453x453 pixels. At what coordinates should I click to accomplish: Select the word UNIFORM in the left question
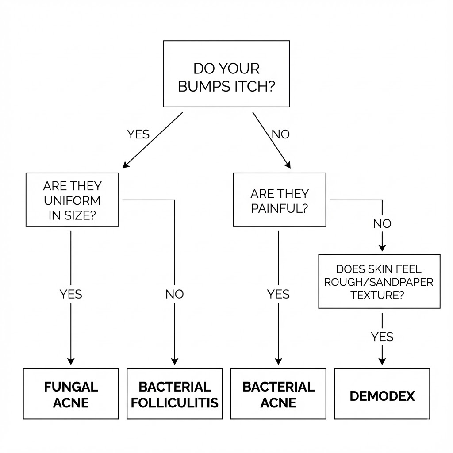(72, 200)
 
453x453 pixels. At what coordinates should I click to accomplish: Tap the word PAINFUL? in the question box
(279, 208)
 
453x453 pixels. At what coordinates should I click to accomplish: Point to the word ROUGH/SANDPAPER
(379, 282)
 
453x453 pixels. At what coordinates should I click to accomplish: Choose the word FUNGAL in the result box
(71, 387)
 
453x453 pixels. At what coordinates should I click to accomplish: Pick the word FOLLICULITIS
(175, 403)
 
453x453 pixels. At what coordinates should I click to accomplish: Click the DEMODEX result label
(382, 395)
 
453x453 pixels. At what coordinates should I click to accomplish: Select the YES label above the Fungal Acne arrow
(71, 294)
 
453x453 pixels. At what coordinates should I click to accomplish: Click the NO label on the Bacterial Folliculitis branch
(175, 294)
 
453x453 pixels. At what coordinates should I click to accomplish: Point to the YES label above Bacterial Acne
(279, 294)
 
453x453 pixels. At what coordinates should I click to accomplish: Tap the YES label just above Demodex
(382, 337)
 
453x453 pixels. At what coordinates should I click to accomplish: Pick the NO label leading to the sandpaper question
(382, 224)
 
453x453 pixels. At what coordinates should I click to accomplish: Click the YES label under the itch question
(138, 134)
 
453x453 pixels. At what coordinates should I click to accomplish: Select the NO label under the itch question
(280, 134)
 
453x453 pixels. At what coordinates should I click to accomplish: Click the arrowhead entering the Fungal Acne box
(71, 361)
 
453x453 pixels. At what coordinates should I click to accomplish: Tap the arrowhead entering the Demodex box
(382, 361)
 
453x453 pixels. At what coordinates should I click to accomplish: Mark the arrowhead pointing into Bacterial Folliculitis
(175, 361)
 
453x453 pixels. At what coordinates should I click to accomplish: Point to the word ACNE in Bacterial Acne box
(279, 403)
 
